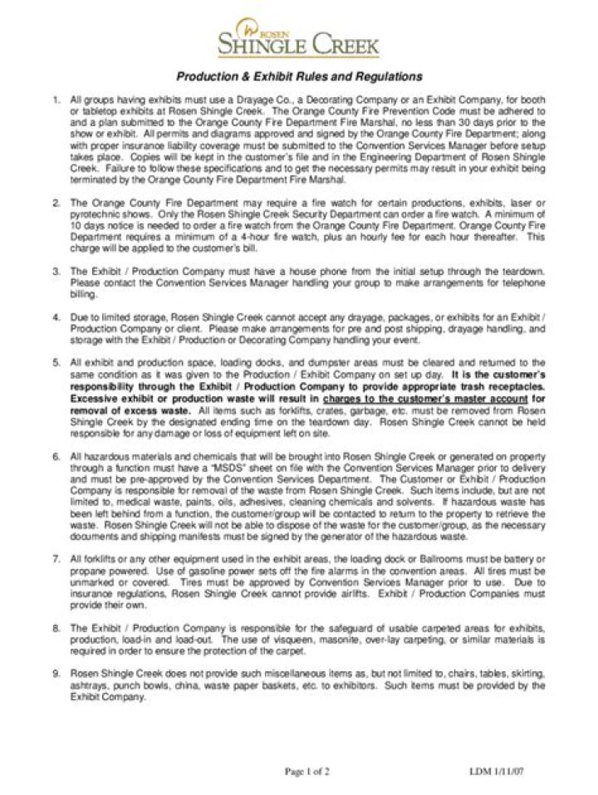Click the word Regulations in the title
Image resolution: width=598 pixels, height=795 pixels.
[x=389, y=76]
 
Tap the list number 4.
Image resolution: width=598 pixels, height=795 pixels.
[x=56, y=317]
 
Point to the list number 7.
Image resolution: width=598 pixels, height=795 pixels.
[x=56, y=560]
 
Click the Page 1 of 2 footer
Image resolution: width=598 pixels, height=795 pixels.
[x=307, y=771]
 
